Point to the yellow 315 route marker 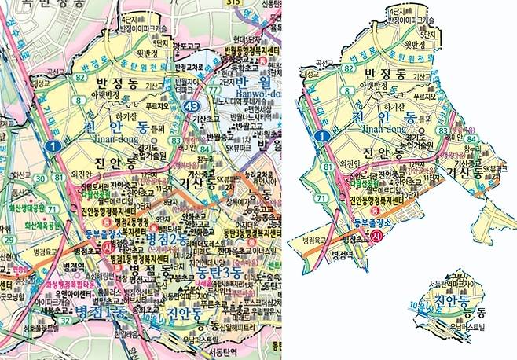coord(233,3)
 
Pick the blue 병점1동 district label coord(101,313)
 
